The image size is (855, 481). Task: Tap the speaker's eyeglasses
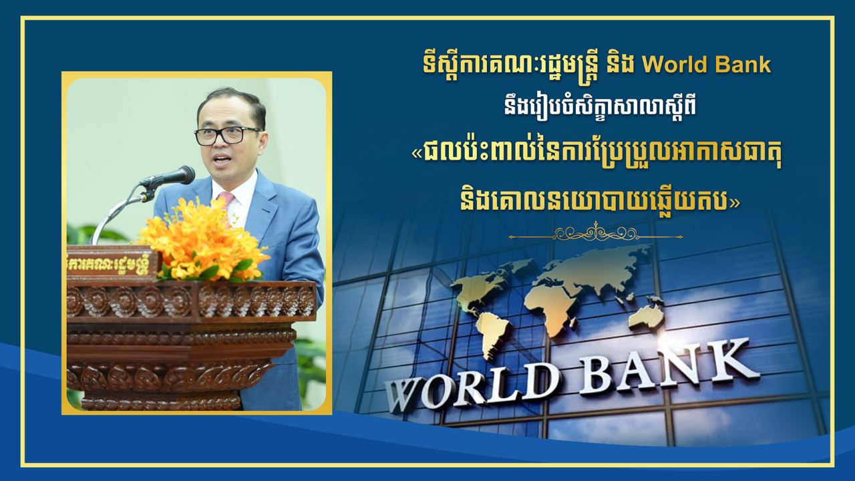[x=228, y=136]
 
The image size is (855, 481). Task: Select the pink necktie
[x=226, y=202]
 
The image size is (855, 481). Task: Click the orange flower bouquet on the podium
[x=202, y=240]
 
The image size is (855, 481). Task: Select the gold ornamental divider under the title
[x=595, y=233]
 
